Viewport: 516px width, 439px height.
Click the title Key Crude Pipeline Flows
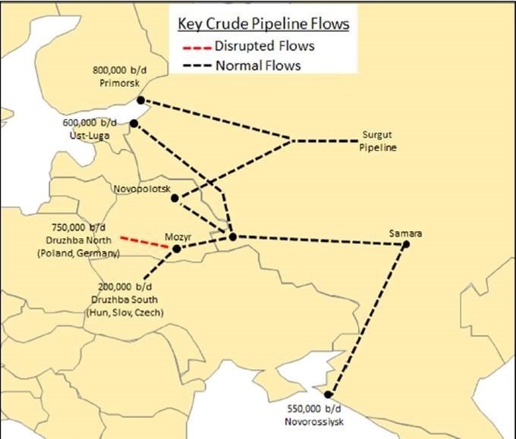point(263,24)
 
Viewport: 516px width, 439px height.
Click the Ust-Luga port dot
point(134,124)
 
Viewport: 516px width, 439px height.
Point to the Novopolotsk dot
point(175,199)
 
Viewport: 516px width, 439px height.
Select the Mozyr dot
point(176,249)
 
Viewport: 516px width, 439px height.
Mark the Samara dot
point(406,245)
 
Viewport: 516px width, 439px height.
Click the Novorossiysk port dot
point(328,394)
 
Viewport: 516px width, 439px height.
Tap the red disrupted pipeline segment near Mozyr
point(145,241)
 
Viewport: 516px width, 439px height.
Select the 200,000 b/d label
point(126,288)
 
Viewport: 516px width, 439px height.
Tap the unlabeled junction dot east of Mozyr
point(232,237)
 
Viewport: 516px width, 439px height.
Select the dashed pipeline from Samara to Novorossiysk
point(367,318)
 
